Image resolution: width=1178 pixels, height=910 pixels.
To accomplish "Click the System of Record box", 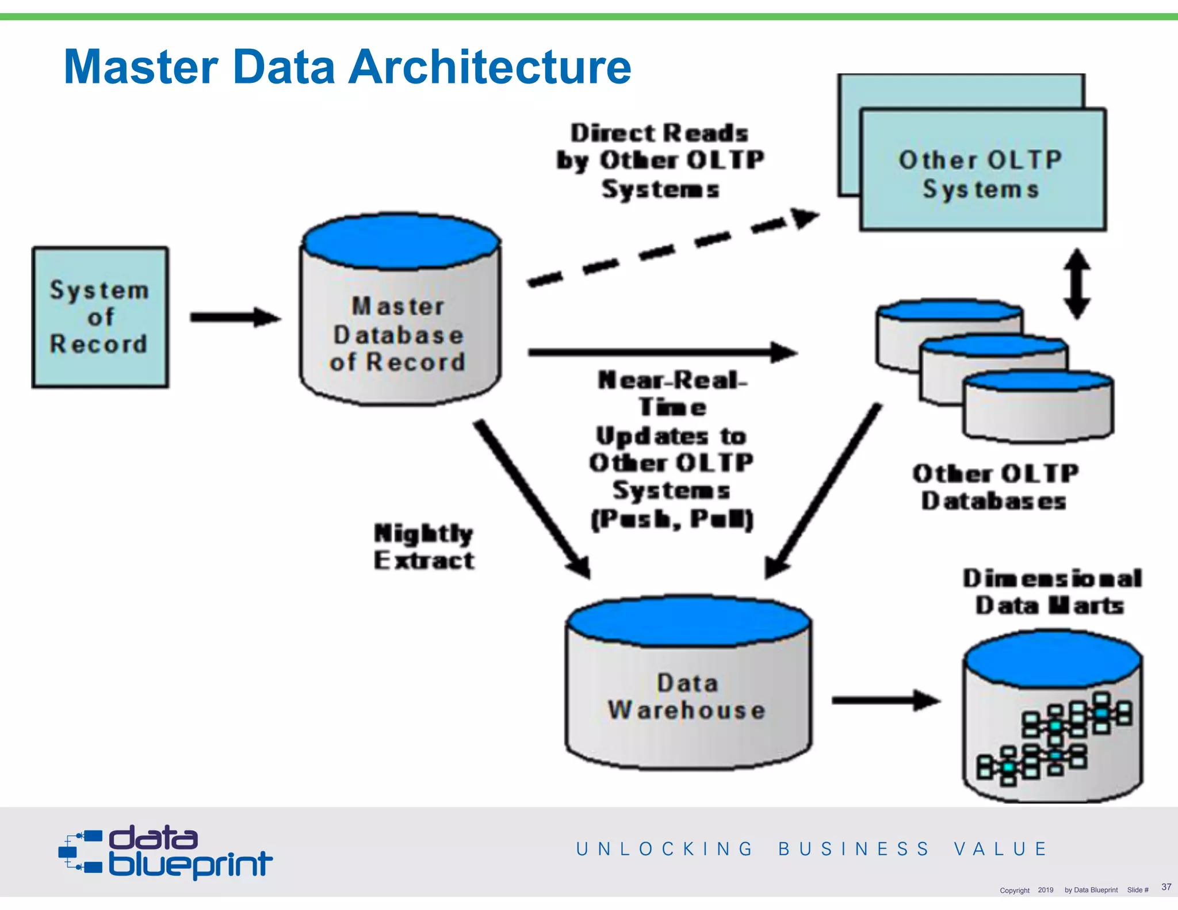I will pos(100,317).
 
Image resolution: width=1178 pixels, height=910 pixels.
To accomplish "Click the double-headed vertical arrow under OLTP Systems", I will pos(1077,284).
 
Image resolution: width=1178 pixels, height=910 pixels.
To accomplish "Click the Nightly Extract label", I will pos(424,546).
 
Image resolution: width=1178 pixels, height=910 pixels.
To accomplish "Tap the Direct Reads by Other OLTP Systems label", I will pos(660,160).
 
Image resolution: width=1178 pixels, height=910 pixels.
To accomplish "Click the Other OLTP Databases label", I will pos(995,487).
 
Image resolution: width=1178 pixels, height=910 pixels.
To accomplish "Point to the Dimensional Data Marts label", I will pos(1051,592).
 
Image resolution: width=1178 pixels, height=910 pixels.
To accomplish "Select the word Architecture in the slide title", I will pos(490,67).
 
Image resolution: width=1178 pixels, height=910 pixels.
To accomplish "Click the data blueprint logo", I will pos(166,852).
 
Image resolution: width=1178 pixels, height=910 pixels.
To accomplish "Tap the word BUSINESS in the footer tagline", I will pos(854,849).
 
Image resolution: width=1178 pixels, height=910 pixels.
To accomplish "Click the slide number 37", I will pos(1166,886).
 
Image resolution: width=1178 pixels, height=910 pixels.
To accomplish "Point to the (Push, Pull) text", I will pos(672,519).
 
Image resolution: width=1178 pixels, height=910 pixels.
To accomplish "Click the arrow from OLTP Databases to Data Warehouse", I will pos(823,492).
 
